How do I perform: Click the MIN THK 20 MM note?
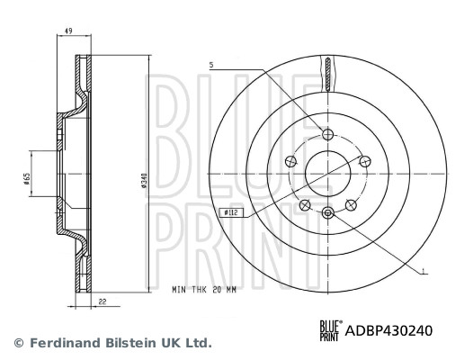pos(203,291)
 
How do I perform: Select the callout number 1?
pos(424,269)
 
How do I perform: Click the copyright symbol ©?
pos(18,343)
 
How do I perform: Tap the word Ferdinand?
pos(63,343)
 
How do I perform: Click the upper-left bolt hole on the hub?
pos(290,160)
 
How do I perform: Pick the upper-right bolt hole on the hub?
pos(363,160)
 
